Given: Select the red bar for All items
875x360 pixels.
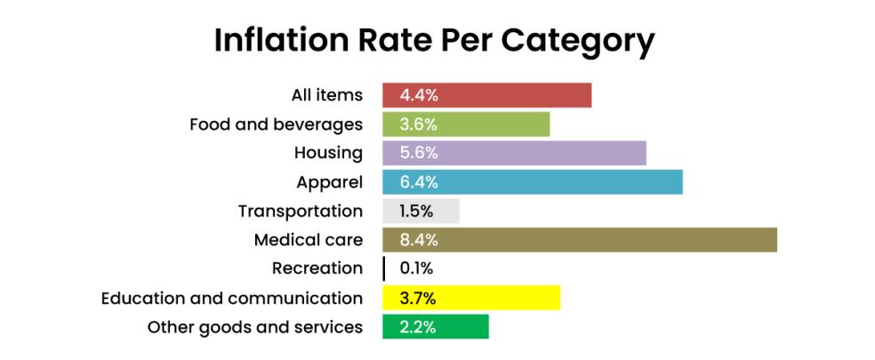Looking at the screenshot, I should coord(486,95).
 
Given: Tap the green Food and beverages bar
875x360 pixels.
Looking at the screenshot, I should coord(466,124).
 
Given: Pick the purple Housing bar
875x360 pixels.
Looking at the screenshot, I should coord(514,153).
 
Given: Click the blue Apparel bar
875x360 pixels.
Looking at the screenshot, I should coord(532,181).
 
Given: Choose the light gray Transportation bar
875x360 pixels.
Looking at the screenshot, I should coord(421,211).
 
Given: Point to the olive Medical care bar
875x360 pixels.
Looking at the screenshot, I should coord(580,240).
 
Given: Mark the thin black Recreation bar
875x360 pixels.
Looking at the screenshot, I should coord(384,268).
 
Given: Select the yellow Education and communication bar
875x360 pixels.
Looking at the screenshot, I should coord(471,298).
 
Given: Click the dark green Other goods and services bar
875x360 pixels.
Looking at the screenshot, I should coord(436,326).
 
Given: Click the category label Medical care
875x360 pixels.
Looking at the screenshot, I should coord(308,240).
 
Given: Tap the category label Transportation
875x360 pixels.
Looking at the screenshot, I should coord(300,211).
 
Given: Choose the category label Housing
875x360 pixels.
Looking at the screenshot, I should coord(328,153).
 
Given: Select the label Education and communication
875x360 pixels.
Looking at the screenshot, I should coord(231,298).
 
